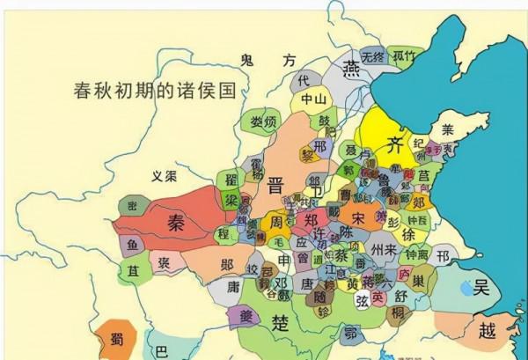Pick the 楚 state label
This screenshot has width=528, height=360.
(281, 320)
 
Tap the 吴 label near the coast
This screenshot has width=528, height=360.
(480, 286)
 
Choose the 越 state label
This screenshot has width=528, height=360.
(487, 331)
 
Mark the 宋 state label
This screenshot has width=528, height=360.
(358, 216)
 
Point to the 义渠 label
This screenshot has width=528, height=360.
(164, 175)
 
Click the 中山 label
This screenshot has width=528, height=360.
(313, 99)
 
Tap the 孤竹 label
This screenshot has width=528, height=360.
(404, 55)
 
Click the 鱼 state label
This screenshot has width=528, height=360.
(132, 244)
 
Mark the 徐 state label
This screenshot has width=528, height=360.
(409, 235)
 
